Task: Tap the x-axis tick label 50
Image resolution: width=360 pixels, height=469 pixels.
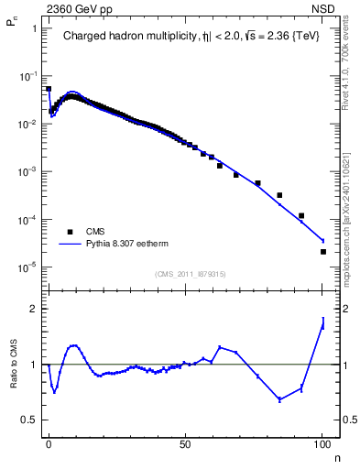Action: click(186, 442)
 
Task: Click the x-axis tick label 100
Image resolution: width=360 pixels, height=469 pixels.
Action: click(322, 442)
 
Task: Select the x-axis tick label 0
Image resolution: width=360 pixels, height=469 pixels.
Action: click(49, 442)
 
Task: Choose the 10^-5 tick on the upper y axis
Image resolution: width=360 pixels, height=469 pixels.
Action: click(27, 267)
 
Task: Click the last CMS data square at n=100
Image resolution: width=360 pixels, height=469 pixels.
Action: click(322, 251)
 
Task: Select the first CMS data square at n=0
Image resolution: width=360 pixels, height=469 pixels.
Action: click(49, 89)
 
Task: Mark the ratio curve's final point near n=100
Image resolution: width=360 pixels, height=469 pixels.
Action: click(322, 322)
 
